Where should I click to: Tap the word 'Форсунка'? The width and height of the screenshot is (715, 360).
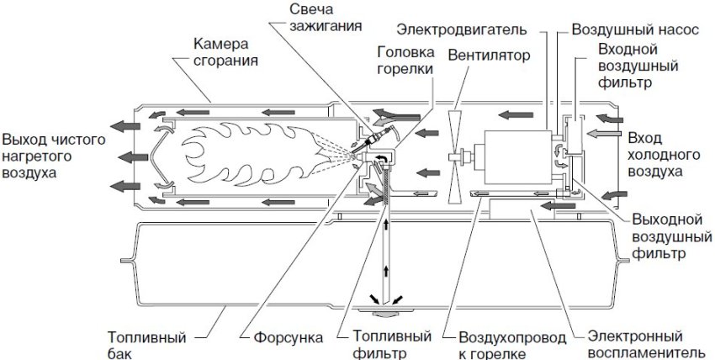tap(288, 338)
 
